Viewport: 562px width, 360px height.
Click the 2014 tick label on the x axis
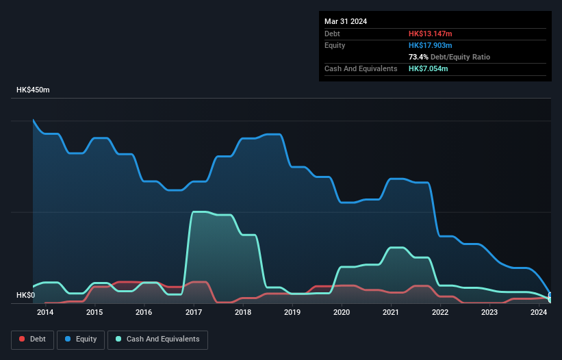pos(45,313)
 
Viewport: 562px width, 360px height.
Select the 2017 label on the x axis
pos(194,313)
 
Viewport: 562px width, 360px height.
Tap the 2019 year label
pos(292,313)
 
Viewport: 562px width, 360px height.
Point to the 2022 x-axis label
pos(440,313)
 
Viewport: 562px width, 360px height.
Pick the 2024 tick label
pos(539,313)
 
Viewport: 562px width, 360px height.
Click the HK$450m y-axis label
pos(33,90)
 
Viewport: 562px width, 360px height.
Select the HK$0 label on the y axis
pos(26,295)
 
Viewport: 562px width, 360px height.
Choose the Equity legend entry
pos(81,339)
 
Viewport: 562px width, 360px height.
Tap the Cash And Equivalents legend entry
pos(157,339)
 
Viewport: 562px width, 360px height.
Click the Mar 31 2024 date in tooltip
pos(346,21)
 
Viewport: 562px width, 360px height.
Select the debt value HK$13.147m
pos(431,34)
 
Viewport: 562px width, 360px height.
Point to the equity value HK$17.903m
pos(431,45)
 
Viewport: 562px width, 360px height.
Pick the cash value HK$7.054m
pos(429,68)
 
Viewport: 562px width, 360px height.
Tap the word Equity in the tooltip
pos(335,45)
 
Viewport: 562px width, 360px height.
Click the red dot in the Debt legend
pos(22,339)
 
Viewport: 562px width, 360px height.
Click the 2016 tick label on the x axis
pos(144,313)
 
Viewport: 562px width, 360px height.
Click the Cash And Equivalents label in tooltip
pos(361,68)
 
